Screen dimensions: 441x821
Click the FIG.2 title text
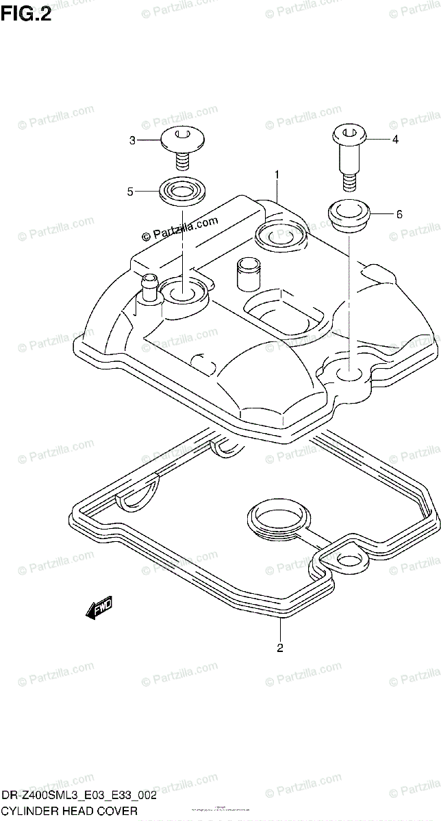[26, 14]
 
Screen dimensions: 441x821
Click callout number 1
[277, 175]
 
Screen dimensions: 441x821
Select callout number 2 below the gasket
[280, 647]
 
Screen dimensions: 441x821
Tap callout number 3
[132, 141]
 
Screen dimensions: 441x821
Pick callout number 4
[395, 140]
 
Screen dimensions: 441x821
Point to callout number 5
[129, 192]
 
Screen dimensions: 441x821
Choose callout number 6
[399, 214]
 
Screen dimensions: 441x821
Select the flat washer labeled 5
[181, 189]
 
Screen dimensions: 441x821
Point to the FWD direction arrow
[99, 607]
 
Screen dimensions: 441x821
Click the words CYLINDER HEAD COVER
[69, 811]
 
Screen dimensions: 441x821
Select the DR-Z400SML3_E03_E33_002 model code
[79, 796]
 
